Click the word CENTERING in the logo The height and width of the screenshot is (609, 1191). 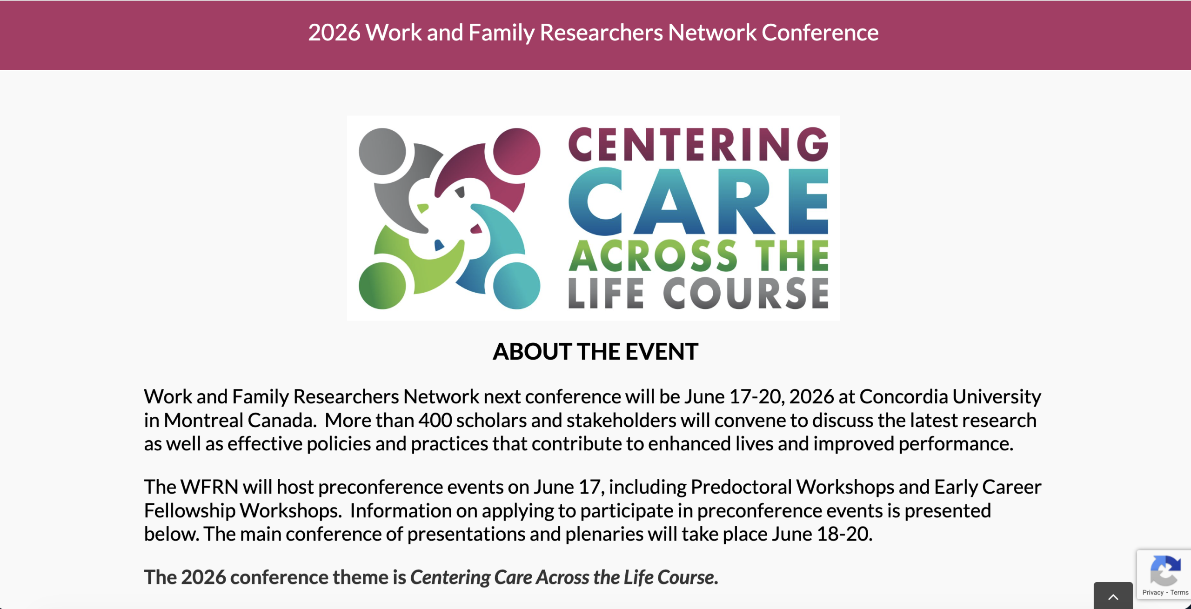click(x=698, y=144)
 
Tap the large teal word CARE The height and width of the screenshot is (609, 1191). click(x=698, y=201)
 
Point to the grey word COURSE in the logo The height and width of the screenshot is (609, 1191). click(x=746, y=294)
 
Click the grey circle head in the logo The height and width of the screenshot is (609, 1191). click(x=382, y=152)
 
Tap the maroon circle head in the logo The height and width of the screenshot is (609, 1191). click(x=516, y=152)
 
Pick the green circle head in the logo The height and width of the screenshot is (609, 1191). click(x=382, y=286)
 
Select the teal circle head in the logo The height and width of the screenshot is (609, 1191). click(x=516, y=286)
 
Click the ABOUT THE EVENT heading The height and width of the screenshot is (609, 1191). click(x=595, y=352)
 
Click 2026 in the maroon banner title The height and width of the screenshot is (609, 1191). click(x=334, y=33)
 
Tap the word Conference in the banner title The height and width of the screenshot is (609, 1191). click(x=820, y=33)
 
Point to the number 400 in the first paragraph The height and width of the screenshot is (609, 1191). click(x=435, y=421)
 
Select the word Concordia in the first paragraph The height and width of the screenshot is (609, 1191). click(x=903, y=397)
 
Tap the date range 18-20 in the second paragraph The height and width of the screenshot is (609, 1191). click(x=843, y=534)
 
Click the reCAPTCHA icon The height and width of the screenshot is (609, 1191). click(x=1164, y=570)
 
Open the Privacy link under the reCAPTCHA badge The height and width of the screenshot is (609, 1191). click(x=1152, y=592)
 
